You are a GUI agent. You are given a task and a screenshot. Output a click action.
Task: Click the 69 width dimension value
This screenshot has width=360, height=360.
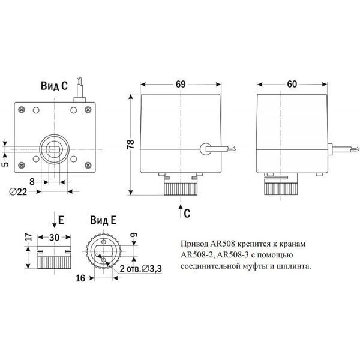click(181, 84)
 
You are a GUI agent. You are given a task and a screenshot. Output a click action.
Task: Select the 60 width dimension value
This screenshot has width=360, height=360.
click(292, 84)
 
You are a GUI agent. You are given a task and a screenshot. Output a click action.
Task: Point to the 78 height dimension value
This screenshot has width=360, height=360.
click(130, 144)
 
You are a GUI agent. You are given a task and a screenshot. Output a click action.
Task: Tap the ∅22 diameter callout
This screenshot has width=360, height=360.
click(18, 191)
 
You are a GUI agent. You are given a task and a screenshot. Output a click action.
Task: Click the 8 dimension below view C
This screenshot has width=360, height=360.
click(32, 182)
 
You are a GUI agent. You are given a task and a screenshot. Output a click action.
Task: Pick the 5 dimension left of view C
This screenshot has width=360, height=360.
click(5, 164)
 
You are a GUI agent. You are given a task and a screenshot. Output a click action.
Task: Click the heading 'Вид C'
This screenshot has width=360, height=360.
click(54, 86)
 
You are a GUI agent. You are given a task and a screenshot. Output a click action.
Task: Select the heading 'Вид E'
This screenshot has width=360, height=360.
click(103, 220)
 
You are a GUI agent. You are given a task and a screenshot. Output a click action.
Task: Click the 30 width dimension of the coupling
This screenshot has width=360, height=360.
click(54, 238)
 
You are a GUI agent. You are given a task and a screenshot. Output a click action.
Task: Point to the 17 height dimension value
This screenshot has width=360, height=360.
click(28, 237)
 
